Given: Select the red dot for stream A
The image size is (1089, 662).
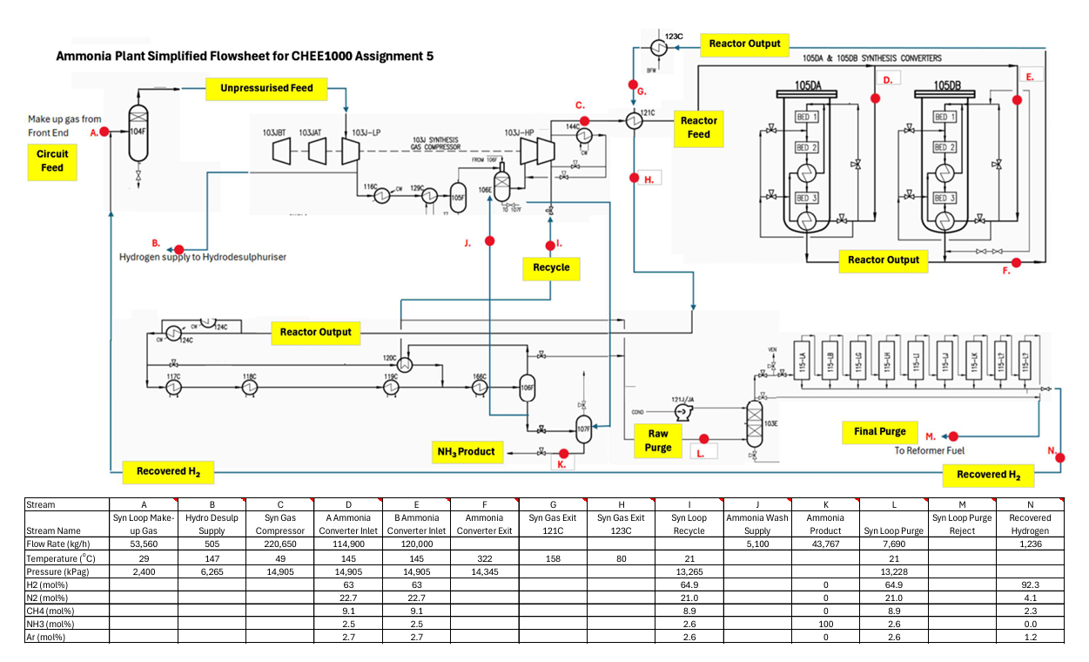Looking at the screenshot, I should pyautogui.click(x=104, y=132).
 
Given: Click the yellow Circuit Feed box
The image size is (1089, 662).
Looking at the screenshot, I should pyautogui.click(x=52, y=161).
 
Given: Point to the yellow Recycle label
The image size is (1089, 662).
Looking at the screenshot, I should pyautogui.click(x=551, y=267).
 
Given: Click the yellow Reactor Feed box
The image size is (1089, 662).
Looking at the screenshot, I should pyautogui.click(x=699, y=128).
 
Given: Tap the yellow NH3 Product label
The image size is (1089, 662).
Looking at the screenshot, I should pyautogui.click(x=465, y=451).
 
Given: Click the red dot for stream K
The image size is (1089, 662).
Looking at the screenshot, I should pyautogui.click(x=563, y=453).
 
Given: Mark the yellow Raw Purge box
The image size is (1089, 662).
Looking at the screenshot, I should pyautogui.click(x=658, y=440).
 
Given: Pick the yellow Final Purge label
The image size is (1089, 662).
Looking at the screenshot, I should pyautogui.click(x=879, y=431).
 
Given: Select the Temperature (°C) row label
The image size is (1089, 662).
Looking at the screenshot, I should pyautogui.click(x=65, y=558).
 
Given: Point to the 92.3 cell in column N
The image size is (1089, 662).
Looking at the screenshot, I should pyautogui.click(x=1030, y=586).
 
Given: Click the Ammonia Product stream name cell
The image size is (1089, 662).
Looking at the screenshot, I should pyautogui.click(x=825, y=524).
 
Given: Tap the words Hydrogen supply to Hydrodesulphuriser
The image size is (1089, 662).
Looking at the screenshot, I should pyautogui.click(x=203, y=257).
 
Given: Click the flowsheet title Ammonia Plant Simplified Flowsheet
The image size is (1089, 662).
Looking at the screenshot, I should pyautogui.click(x=244, y=57).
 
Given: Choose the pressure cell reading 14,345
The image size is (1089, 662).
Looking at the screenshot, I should pyautogui.click(x=484, y=572).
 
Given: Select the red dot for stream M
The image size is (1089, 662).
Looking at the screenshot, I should pyautogui.click(x=952, y=436).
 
